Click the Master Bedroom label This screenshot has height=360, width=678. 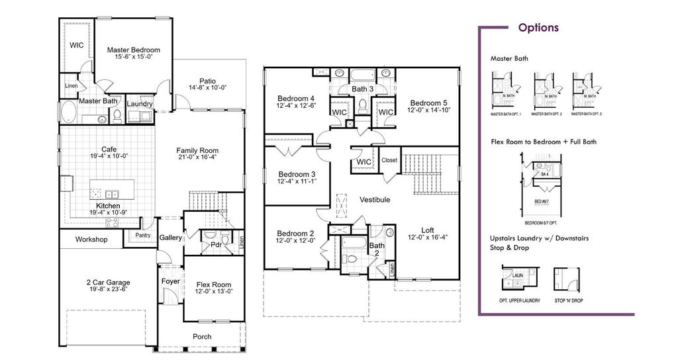pos(134,50)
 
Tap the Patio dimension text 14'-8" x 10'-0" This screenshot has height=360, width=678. pos(208,87)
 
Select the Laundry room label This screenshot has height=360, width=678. pos(140,104)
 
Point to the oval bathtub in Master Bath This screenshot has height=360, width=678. pos(68,111)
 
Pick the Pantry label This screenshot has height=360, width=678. pos(142,235)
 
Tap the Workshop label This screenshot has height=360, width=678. pos(91,239)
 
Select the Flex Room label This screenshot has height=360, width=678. pos(213,285)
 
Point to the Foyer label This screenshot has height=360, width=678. pos(171,281)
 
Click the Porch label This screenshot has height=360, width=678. pos(202,336)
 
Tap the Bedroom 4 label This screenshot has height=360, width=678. pos(296,98)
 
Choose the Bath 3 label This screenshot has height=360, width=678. pos(363,89)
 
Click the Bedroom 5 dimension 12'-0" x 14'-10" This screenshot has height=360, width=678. pos(429,111)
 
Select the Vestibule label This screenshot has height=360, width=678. pos(375,199)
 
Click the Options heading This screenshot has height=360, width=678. pos(538,28)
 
